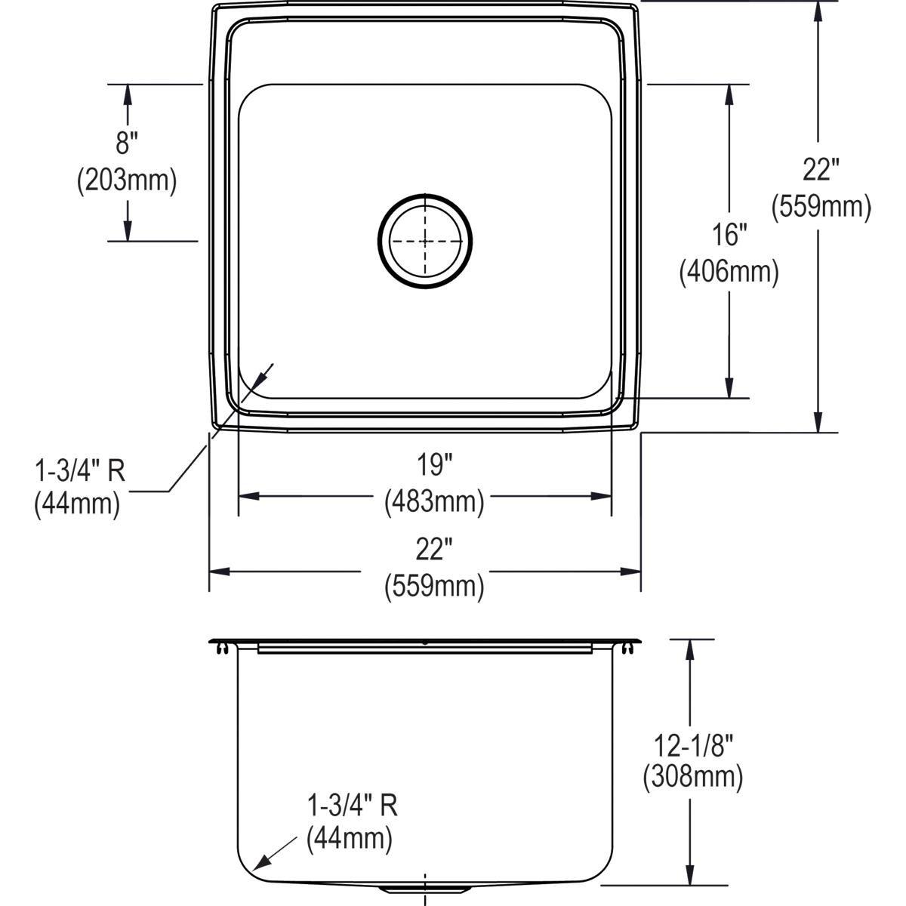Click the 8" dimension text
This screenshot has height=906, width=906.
click(127, 143)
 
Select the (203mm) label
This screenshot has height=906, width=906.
click(127, 181)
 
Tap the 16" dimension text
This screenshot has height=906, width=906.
click(729, 235)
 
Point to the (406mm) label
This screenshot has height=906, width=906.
click(729, 272)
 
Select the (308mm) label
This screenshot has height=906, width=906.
click(692, 778)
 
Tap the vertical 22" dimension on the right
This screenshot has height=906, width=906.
click(821, 170)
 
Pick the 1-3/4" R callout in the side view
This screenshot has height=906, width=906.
click(352, 806)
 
